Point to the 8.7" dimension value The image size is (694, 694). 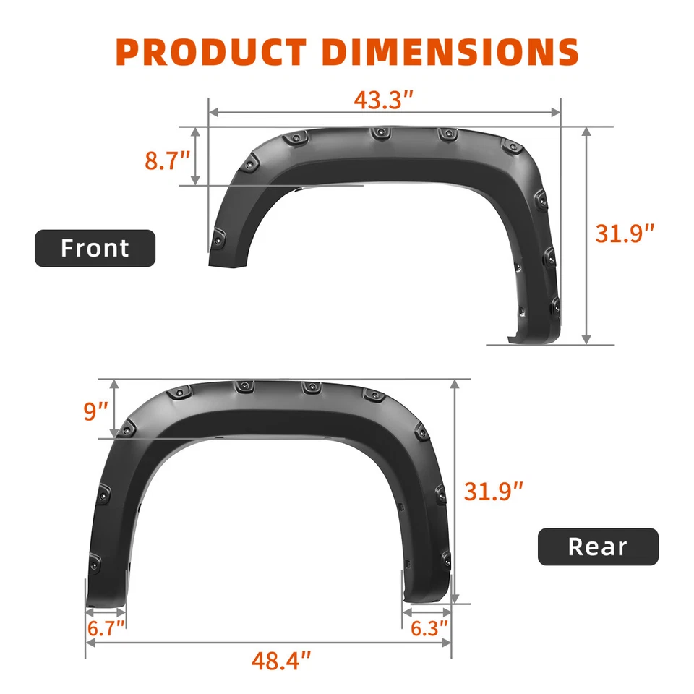167,160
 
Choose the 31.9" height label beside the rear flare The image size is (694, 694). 493,492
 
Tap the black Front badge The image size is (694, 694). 95,248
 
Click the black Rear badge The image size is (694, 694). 598,547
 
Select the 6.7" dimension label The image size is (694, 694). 106,627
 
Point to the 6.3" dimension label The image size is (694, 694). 429,627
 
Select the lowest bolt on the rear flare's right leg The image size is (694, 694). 445,557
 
